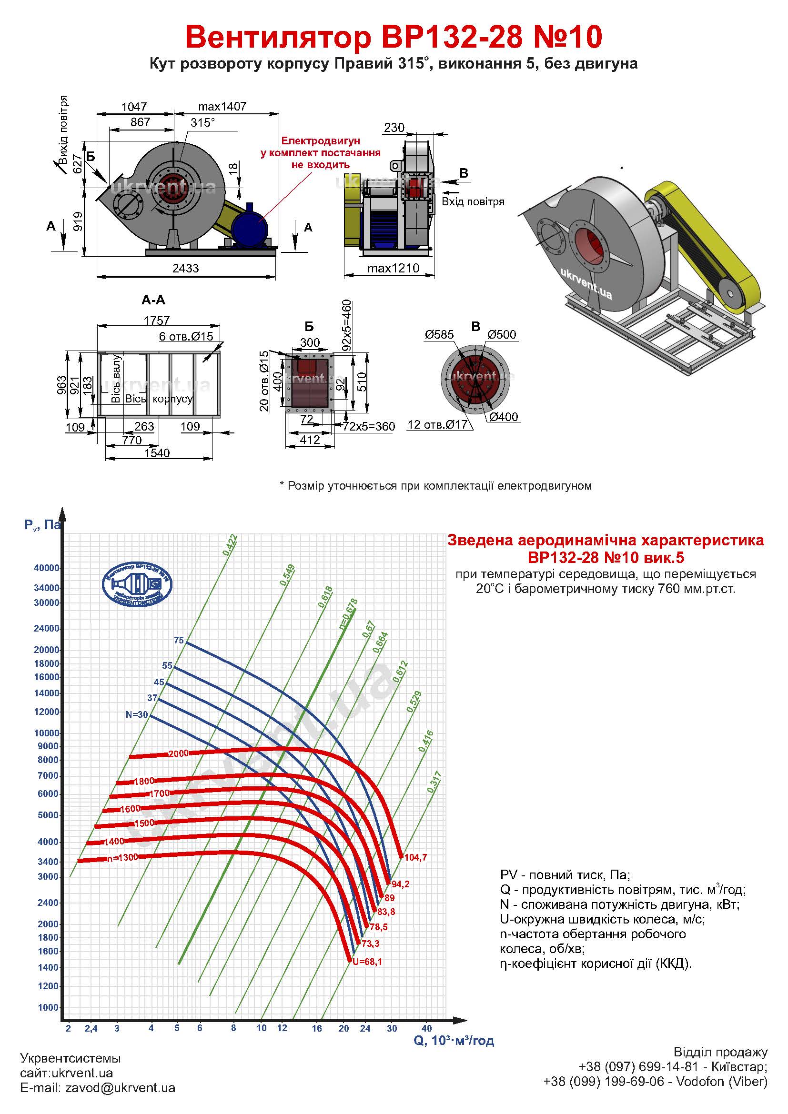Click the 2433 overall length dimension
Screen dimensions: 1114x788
(186, 268)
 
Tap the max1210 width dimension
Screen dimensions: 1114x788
(393, 268)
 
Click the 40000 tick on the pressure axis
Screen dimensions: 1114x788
(46, 568)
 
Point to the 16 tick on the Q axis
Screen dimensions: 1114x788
(317, 1028)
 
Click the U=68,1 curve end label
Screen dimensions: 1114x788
(367, 962)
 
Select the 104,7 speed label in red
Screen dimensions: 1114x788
(416, 857)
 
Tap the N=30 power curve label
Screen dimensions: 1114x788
(136, 715)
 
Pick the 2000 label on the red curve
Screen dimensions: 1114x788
(178, 754)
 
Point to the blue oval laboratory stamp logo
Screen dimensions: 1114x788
(137, 584)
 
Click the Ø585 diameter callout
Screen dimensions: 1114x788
(439, 334)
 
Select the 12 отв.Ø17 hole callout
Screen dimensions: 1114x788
(437, 424)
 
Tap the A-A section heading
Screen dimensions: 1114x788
(153, 301)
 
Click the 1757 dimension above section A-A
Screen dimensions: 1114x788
(157, 321)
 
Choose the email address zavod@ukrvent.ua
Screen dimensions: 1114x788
(120, 1088)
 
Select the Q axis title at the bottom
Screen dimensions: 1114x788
(454, 1041)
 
